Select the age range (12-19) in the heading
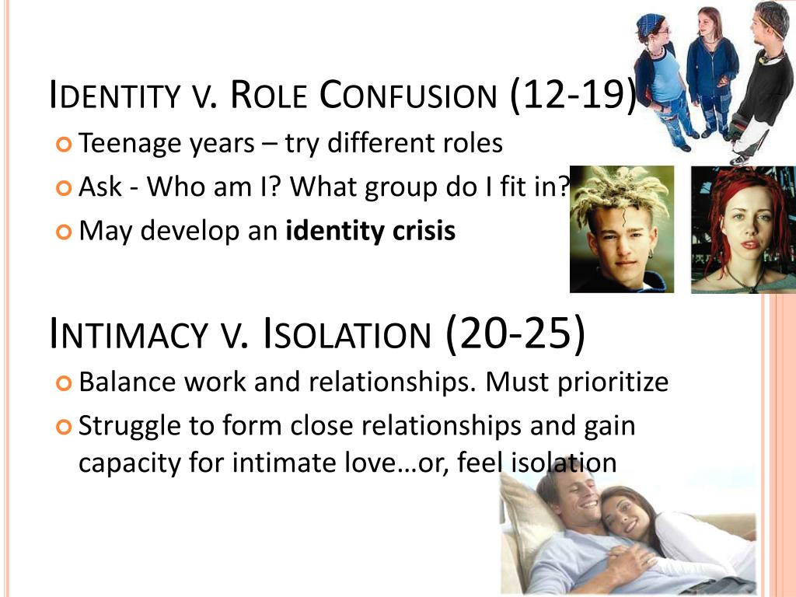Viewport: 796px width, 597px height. tap(573, 94)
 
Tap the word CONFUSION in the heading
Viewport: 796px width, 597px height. tap(407, 95)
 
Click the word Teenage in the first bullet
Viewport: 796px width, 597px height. tap(130, 144)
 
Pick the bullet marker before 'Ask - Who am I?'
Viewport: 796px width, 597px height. tap(64, 188)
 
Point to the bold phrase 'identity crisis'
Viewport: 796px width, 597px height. tap(371, 231)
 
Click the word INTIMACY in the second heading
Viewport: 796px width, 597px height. tap(129, 334)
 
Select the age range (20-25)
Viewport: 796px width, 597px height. tap(515, 333)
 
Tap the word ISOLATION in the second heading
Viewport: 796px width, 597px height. tap(347, 334)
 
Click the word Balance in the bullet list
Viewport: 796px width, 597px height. tap(127, 382)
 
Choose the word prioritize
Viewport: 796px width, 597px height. tap(613, 383)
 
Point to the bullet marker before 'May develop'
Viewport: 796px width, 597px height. tap(64, 232)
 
